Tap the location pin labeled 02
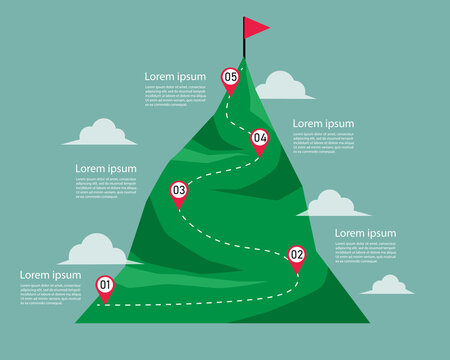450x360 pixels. pyautogui.click(x=296, y=256)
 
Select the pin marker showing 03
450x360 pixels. pyautogui.click(x=179, y=190)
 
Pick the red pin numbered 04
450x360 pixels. pyautogui.click(x=260, y=138)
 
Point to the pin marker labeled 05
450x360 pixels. pyautogui.click(x=231, y=77)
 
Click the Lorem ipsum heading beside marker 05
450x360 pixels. pyautogui.click(x=175, y=76)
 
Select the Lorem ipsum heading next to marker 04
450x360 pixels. pyautogui.click(x=323, y=124)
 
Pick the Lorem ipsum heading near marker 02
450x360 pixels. pyautogui.click(x=365, y=233)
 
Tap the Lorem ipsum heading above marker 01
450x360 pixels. pyautogui.click(x=50, y=275)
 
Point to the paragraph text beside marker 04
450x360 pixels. pyautogui.click(x=323, y=143)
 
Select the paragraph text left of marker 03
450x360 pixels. pyautogui.click(x=105, y=188)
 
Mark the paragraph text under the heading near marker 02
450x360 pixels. pyautogui.click(x=365, y=252)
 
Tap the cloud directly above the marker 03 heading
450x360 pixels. pyautogui.click(x=101, y=134)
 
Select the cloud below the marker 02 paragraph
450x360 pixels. pyautogui.click(x=387, y=286)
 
